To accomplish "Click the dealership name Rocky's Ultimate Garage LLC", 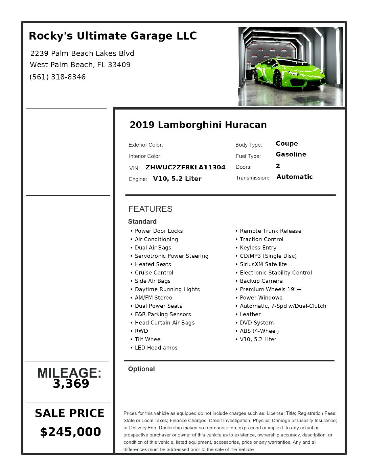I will [x=113, y=36].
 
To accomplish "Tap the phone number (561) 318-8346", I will [x=57, y=77].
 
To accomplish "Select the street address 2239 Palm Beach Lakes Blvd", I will [x=82, y=53].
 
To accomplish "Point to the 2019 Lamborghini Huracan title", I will [x=198, y=125].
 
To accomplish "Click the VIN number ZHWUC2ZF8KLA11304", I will [x=185, y=167].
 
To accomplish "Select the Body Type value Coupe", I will [x=287, y=144].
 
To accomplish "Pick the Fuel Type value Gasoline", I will [x=291, y=154].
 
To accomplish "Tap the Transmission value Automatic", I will [x=294, y=177].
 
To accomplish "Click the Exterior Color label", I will [x=145, y=145].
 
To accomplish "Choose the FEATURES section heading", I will [x=150, y=209].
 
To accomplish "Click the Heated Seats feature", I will [x=153, y=264].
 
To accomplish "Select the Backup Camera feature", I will [x=261, y=281].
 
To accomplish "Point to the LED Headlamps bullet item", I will [x=156, y=348].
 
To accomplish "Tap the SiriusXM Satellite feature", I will [x=263, y=264].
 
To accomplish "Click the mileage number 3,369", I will [x=71, y=384].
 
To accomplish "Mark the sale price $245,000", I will [x=70, y=432].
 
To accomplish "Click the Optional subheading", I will [x=141, y=369].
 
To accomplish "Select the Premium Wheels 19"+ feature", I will [x=270, y=289].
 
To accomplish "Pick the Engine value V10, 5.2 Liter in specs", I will [x=177, y=179].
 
